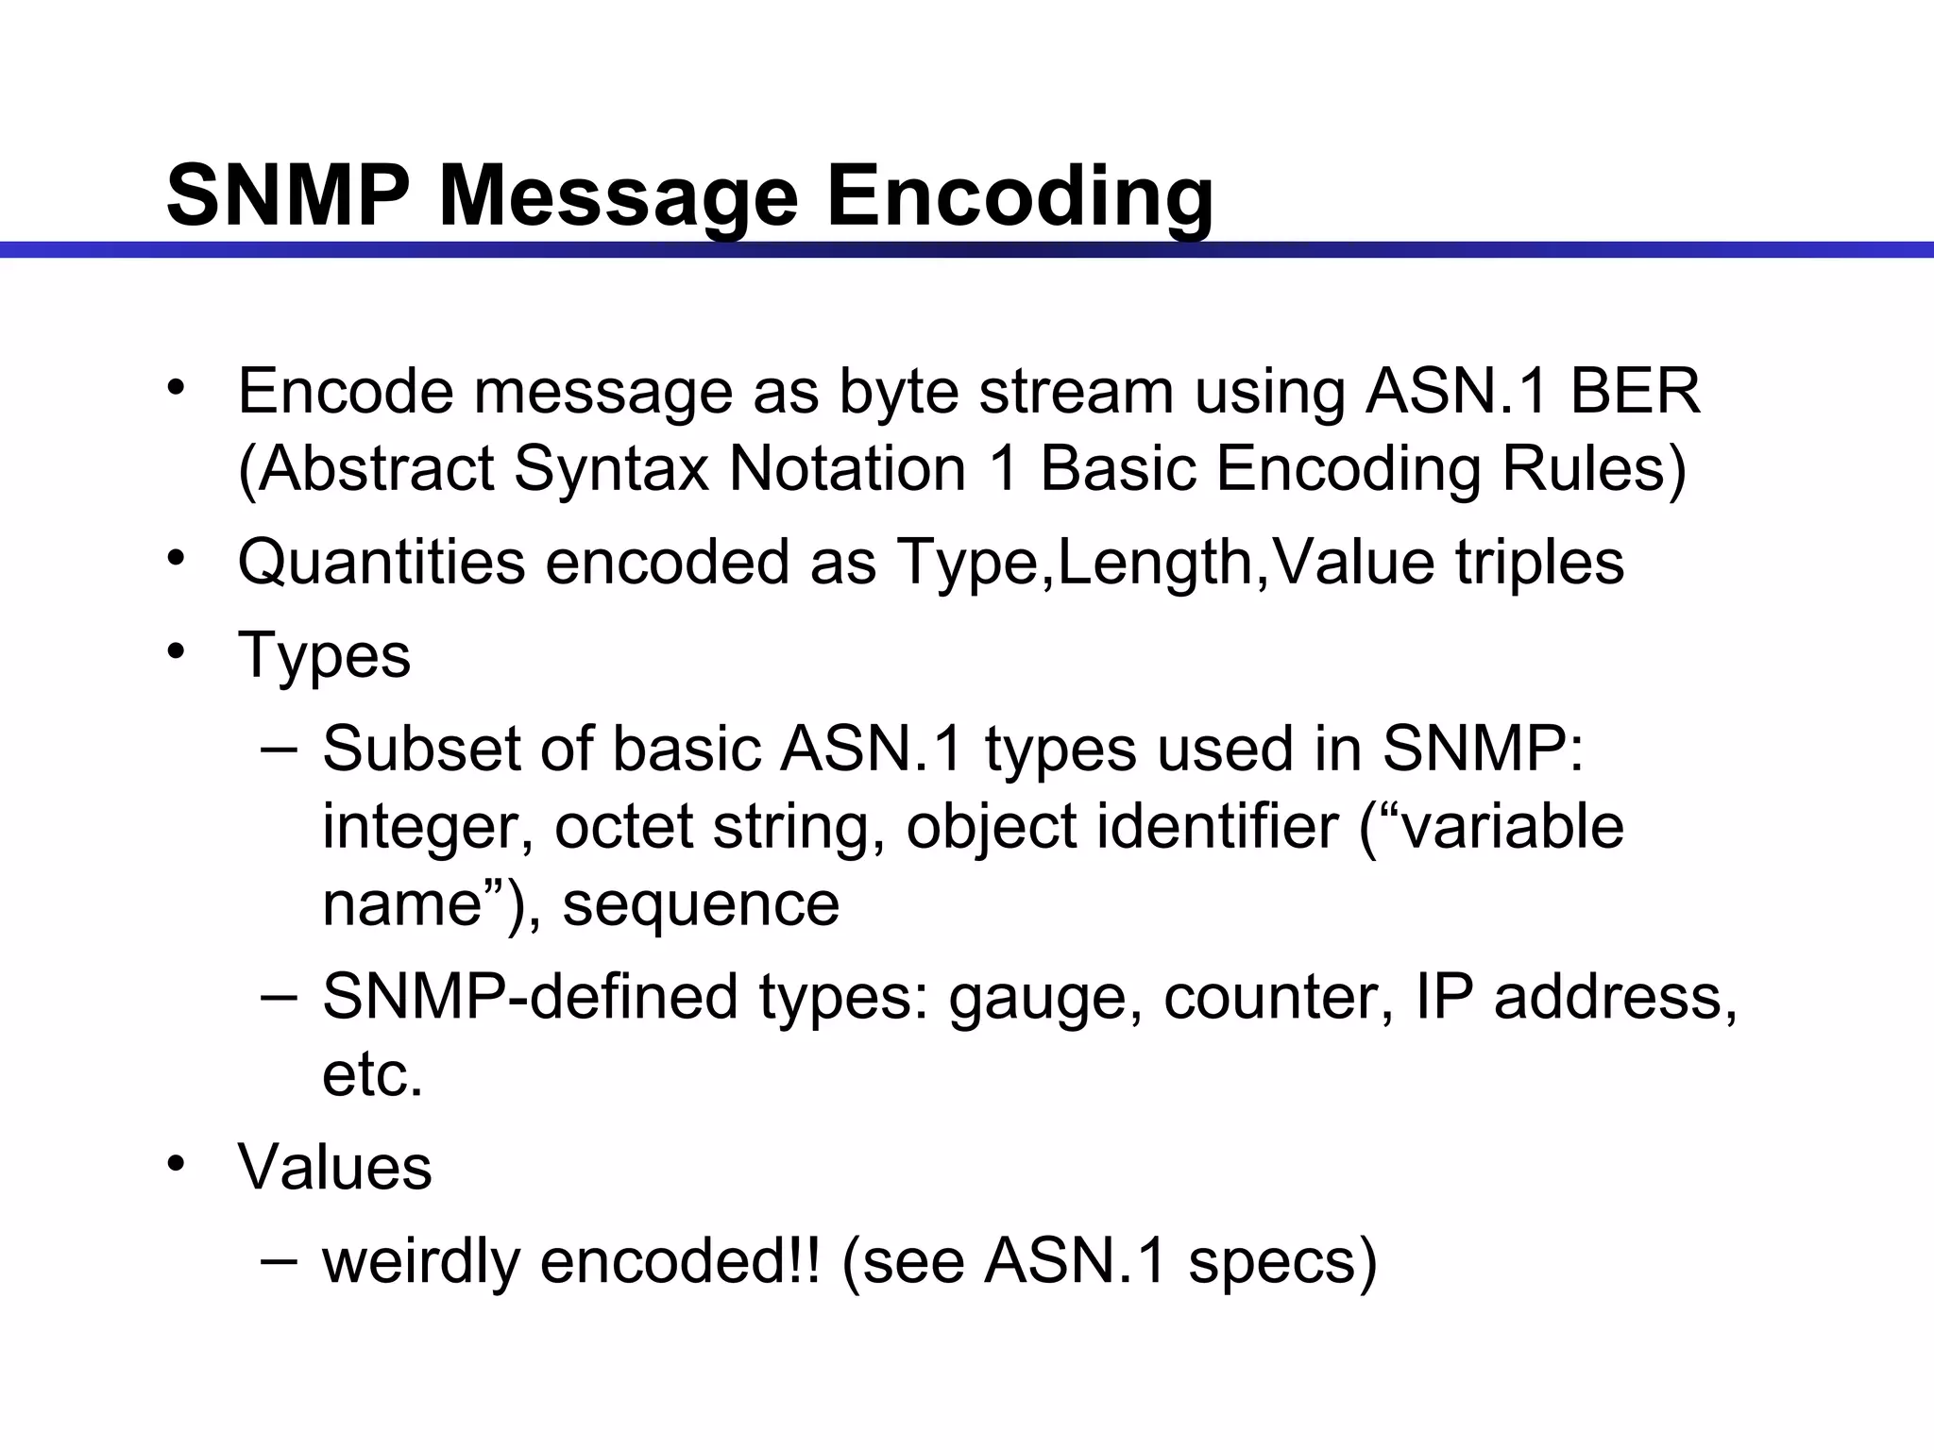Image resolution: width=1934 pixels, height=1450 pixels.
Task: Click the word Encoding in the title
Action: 1020,196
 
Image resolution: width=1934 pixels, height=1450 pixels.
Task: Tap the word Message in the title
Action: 618,196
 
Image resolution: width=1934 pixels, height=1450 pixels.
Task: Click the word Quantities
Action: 381,563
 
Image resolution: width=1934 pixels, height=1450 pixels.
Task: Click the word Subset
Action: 420,750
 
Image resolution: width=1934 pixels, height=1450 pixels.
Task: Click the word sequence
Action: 701,903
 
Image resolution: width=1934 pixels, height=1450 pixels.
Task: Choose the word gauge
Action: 1037,998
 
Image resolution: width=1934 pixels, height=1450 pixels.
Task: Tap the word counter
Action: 1278,998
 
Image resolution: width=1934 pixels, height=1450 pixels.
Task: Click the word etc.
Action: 372,1074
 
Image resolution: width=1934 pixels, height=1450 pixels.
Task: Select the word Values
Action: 334,1168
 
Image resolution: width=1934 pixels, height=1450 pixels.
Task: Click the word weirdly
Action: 420,1261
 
